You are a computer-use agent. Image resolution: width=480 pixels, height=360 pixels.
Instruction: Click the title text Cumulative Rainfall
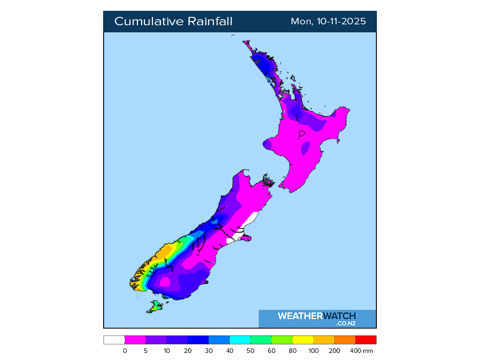click(x=173, y=22)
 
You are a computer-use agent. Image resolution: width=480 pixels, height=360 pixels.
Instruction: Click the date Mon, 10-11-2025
click(x=328, y=22)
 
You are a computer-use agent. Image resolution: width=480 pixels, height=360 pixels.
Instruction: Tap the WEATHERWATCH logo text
click(x=317, y=316)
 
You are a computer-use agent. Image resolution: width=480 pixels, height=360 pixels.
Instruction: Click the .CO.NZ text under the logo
click(x=346, y=323)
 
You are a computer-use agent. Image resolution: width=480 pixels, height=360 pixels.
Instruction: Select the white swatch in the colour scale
click(x=114, y=340)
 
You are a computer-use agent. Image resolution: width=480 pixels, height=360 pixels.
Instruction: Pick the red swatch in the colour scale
click(x=366, y=340)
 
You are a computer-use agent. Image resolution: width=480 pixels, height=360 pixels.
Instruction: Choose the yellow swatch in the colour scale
click(x=303, y=340)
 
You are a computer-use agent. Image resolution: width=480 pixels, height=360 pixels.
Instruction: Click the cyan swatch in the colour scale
click(x=240, y=340)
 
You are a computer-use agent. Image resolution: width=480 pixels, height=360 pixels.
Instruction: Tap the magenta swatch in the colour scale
click(x=135, y=340)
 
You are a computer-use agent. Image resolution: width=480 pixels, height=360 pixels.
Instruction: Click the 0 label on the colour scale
click(x=125, y=351)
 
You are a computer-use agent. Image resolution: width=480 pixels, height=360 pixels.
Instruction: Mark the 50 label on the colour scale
click(x=250, y=351)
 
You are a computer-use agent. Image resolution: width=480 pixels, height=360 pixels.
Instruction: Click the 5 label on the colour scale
click(x=146, y=351)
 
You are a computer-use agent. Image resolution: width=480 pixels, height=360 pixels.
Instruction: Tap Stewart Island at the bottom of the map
click(x=155, y=307)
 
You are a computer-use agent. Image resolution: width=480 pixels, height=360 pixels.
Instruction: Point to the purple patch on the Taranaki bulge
click(x=267, y=144)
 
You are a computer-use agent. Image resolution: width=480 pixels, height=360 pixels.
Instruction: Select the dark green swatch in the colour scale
click(x=261, y=340)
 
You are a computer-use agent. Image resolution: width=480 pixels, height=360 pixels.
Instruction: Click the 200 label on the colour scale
click(x=334, y=351)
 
